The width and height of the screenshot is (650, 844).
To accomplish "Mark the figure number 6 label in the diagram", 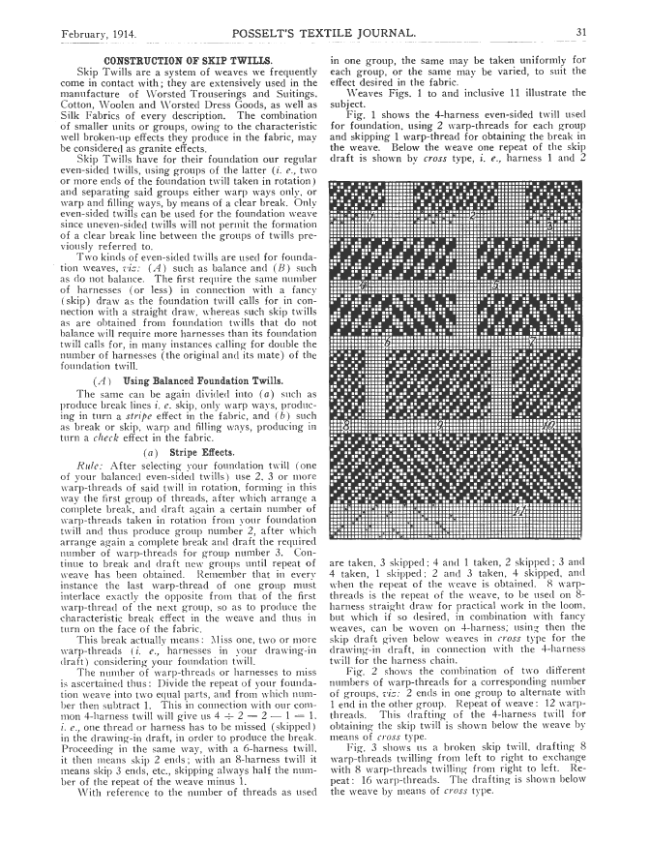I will pyautogui.click(x=387, y=343).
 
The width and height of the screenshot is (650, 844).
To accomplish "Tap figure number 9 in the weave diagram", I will pyautogui.click(x=440, y=425).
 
